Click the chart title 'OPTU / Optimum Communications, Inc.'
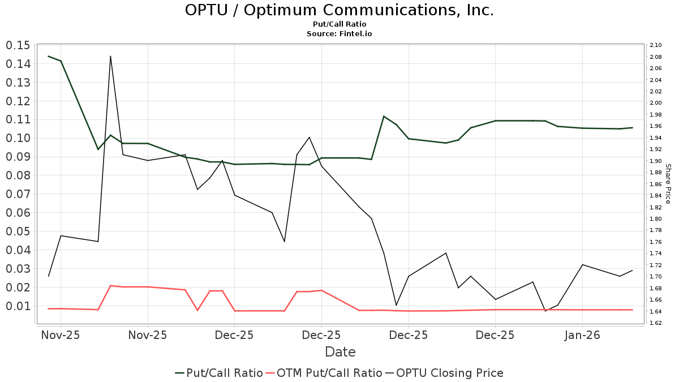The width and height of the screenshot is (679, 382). pyautogui.click(x=339, y=10)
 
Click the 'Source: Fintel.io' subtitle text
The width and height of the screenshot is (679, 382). pyautogui.click(x=339, y=34)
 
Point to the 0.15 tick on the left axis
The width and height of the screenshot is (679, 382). pyautogui.click(x=18, y=46)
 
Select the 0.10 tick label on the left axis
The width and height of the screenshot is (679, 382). pyautogui.click(x=18, y=138)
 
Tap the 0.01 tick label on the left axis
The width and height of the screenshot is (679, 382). pyautogui.click(x=18, y=306)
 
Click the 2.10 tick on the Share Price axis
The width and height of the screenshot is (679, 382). pyautogui.click(x=656, y=45)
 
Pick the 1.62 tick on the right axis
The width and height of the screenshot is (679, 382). pyautogui.click(x=656, y=323)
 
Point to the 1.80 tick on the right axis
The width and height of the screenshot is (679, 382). pyautogui.click(x=656, y=219)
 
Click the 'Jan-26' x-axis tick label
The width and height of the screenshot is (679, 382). pyautogui.click(x=582, y=335)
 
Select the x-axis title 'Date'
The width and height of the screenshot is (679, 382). pyautogui.click(x=340, y=352)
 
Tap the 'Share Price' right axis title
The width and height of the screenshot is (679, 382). pyautogui.click(x=668, y=184)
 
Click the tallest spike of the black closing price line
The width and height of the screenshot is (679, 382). pyautogui.click(x=110, y=56)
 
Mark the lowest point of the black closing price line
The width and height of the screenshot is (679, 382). pyautogui.click(x=545, y=311)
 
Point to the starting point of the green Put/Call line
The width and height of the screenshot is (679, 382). pyautogui.click(x=48, y=56)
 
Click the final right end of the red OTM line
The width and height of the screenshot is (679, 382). pyautogui.click(x=632, y=310)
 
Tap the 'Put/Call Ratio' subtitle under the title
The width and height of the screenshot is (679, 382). pyautogui.click(x=339, y=24)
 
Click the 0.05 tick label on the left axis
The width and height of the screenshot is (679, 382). pyautogui.click(x=18, y=231)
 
